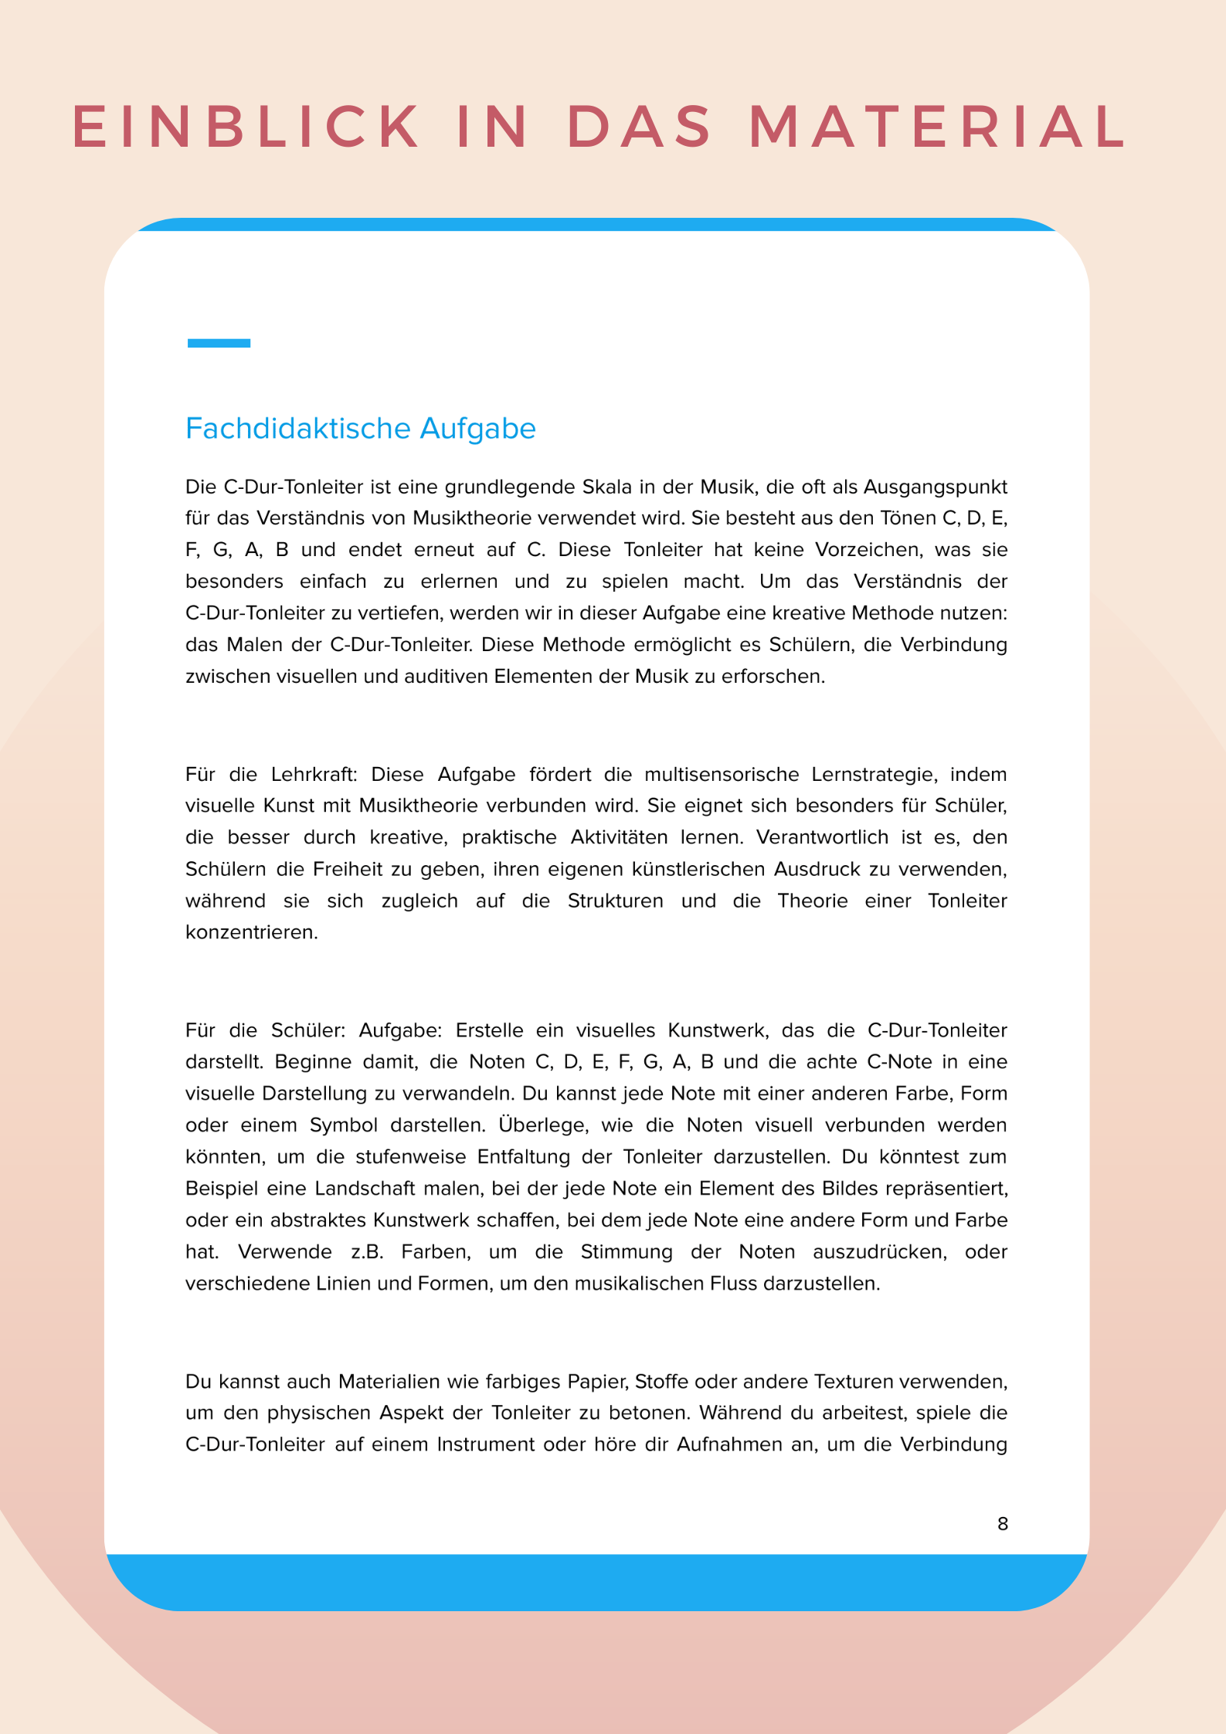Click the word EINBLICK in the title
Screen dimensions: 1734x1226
point(246,126)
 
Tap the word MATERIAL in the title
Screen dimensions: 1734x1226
point(938,126)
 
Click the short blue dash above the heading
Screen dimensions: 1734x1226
point(219,343)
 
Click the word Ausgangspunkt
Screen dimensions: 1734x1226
point(935,487)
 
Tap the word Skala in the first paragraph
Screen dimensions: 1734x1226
point(611,487)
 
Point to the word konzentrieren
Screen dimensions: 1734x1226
point(251,932)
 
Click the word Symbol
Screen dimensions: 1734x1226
point(344,1125)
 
